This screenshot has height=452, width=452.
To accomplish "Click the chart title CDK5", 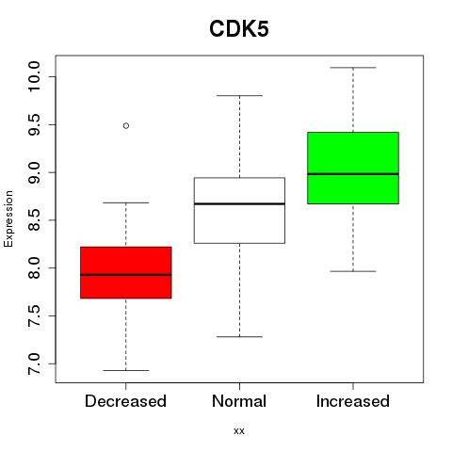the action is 239,29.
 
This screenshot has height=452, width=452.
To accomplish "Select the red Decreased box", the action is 126,272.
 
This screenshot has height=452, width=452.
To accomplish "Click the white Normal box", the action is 239,210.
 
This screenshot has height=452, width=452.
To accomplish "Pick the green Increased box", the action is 353,168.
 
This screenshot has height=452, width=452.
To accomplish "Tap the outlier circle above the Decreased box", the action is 126,126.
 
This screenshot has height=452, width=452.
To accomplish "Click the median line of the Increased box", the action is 353,173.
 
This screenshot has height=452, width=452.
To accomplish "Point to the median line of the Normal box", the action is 239,203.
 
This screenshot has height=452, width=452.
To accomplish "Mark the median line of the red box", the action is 126,275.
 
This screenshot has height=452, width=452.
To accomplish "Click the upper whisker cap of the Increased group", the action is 353,68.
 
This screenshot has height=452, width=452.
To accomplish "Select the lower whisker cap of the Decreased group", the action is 126,370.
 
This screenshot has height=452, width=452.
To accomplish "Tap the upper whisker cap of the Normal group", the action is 239,95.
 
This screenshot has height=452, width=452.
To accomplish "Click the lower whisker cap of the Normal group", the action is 239,337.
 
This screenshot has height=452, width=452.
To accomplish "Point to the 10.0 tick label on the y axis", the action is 34,76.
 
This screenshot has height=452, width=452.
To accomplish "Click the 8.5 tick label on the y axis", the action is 34,220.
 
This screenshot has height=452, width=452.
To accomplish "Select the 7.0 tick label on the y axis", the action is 34,363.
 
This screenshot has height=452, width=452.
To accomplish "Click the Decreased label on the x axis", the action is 125,401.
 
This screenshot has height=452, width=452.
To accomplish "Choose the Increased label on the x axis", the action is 353,401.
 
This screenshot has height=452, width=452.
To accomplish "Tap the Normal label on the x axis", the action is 239,401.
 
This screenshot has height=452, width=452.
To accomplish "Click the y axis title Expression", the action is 8,218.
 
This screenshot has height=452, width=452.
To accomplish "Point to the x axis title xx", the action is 239,431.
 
